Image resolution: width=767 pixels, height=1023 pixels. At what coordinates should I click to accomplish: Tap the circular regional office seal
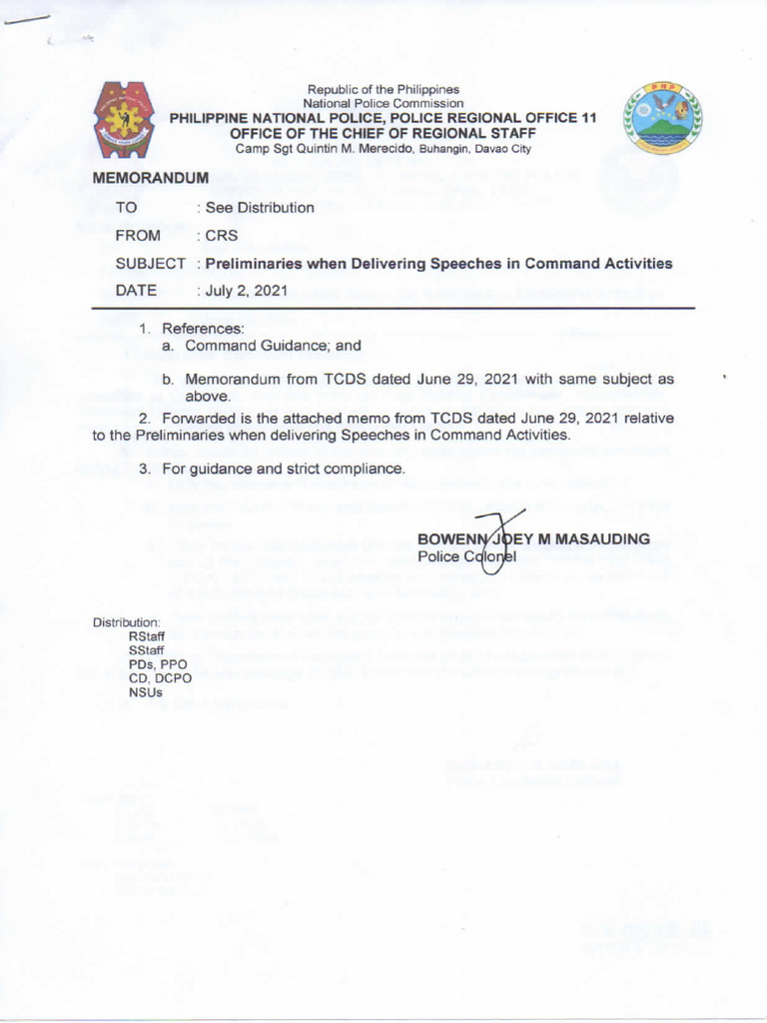pos(663,117)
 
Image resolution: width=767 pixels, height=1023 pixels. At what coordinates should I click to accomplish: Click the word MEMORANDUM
pos(150,178)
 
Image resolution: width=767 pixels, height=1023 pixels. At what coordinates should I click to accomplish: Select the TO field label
pos(126,208)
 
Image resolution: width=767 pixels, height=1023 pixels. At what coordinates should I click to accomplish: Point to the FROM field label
pos(138,236)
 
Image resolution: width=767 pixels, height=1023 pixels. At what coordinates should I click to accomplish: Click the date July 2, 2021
pos(247,291)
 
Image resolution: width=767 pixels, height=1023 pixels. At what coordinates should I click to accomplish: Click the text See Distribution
pos(260,208)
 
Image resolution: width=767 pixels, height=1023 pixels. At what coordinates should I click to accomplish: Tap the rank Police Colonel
pos(464,556)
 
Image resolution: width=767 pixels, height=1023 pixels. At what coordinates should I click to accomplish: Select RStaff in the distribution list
pos(147,635)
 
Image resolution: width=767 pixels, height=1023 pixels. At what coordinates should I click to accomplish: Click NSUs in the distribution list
pos(145,691)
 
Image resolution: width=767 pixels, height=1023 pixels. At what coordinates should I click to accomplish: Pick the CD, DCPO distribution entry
pos(161,677)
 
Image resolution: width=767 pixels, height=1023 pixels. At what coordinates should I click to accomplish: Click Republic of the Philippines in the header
pos(383,90)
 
